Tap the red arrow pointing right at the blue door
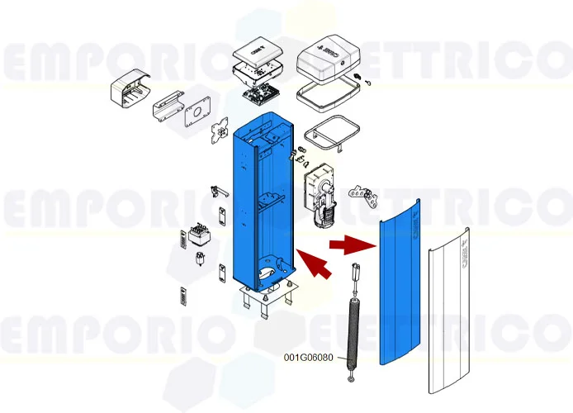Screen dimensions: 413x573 (348, 244)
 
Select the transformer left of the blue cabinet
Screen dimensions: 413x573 (200, 235)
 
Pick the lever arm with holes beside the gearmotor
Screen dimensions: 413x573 (362, 196)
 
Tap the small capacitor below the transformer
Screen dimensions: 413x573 (199, 259)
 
